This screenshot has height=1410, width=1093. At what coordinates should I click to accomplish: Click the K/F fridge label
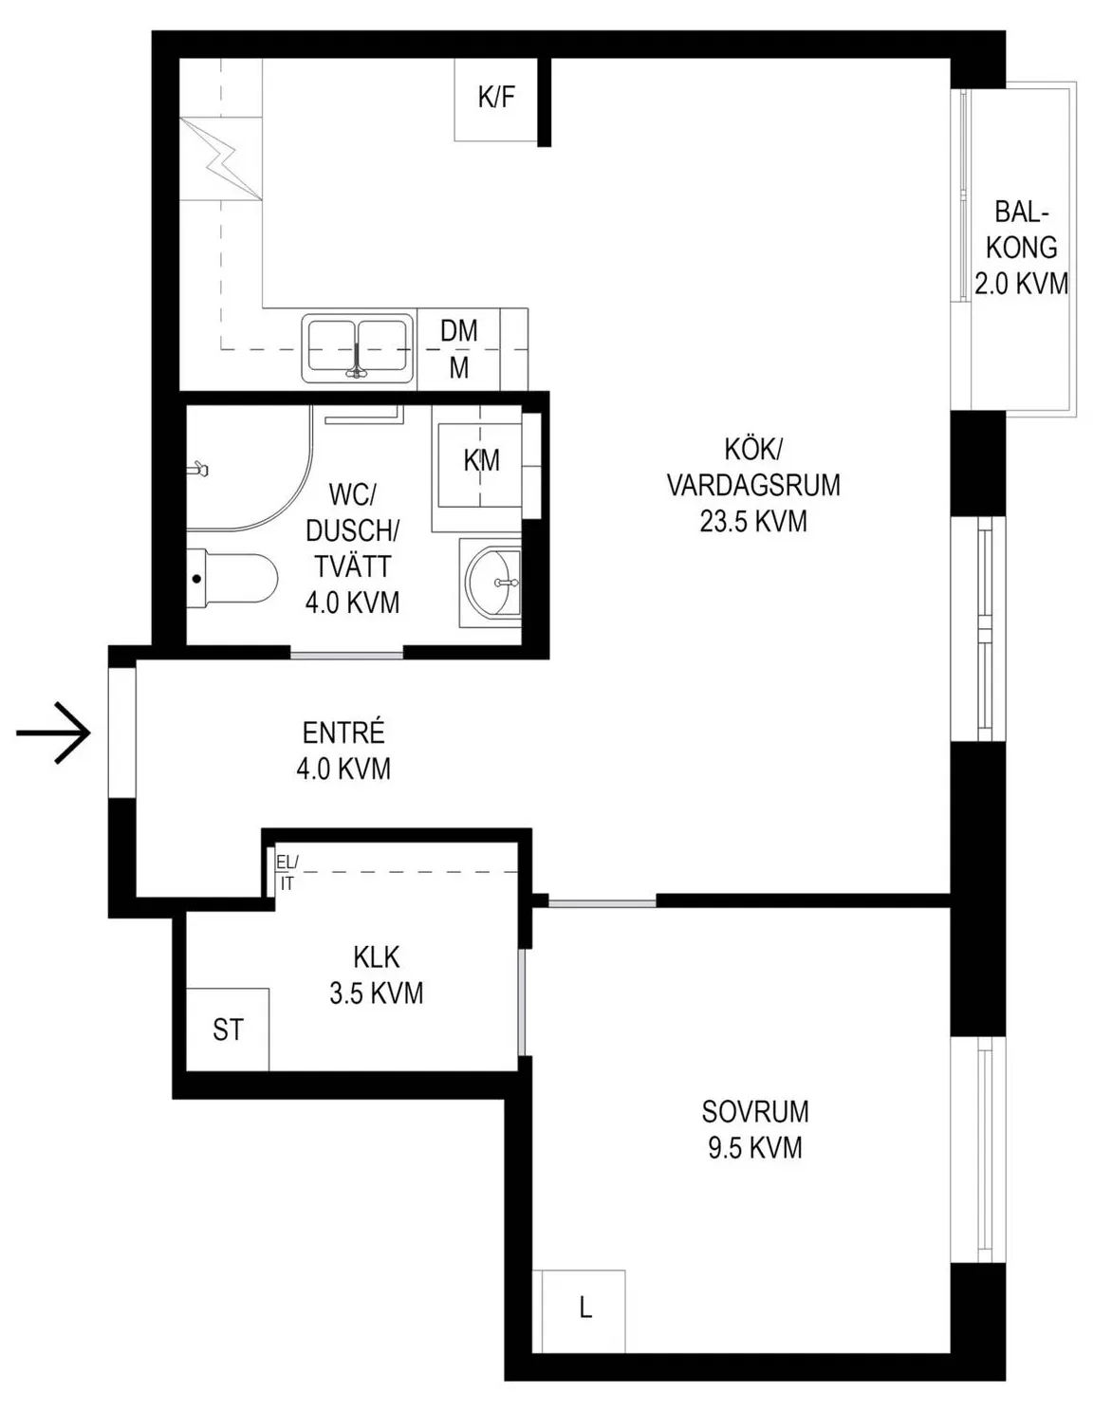495,98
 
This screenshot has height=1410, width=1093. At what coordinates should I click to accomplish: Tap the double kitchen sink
357,348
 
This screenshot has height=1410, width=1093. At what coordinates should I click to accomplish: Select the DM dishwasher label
458,331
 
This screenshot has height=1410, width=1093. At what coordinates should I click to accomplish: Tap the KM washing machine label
481,461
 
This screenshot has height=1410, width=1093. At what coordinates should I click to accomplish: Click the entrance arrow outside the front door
53,733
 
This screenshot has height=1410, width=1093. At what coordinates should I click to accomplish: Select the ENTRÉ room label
343,733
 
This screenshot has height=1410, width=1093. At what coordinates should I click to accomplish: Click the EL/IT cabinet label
287,872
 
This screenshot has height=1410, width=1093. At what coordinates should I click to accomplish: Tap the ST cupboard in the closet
228,1030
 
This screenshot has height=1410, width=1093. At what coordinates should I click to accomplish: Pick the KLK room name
377,957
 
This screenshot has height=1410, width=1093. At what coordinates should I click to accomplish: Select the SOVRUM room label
755,1111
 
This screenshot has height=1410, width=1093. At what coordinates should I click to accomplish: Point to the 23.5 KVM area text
753,522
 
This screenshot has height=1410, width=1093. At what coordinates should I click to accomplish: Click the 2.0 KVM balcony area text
1021,285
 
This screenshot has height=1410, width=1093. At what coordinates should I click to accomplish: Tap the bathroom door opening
346,656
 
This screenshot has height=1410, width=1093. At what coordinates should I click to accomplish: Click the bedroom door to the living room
602,901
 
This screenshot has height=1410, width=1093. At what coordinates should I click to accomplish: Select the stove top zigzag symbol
222,159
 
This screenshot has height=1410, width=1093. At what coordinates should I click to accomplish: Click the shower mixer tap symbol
199,469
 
